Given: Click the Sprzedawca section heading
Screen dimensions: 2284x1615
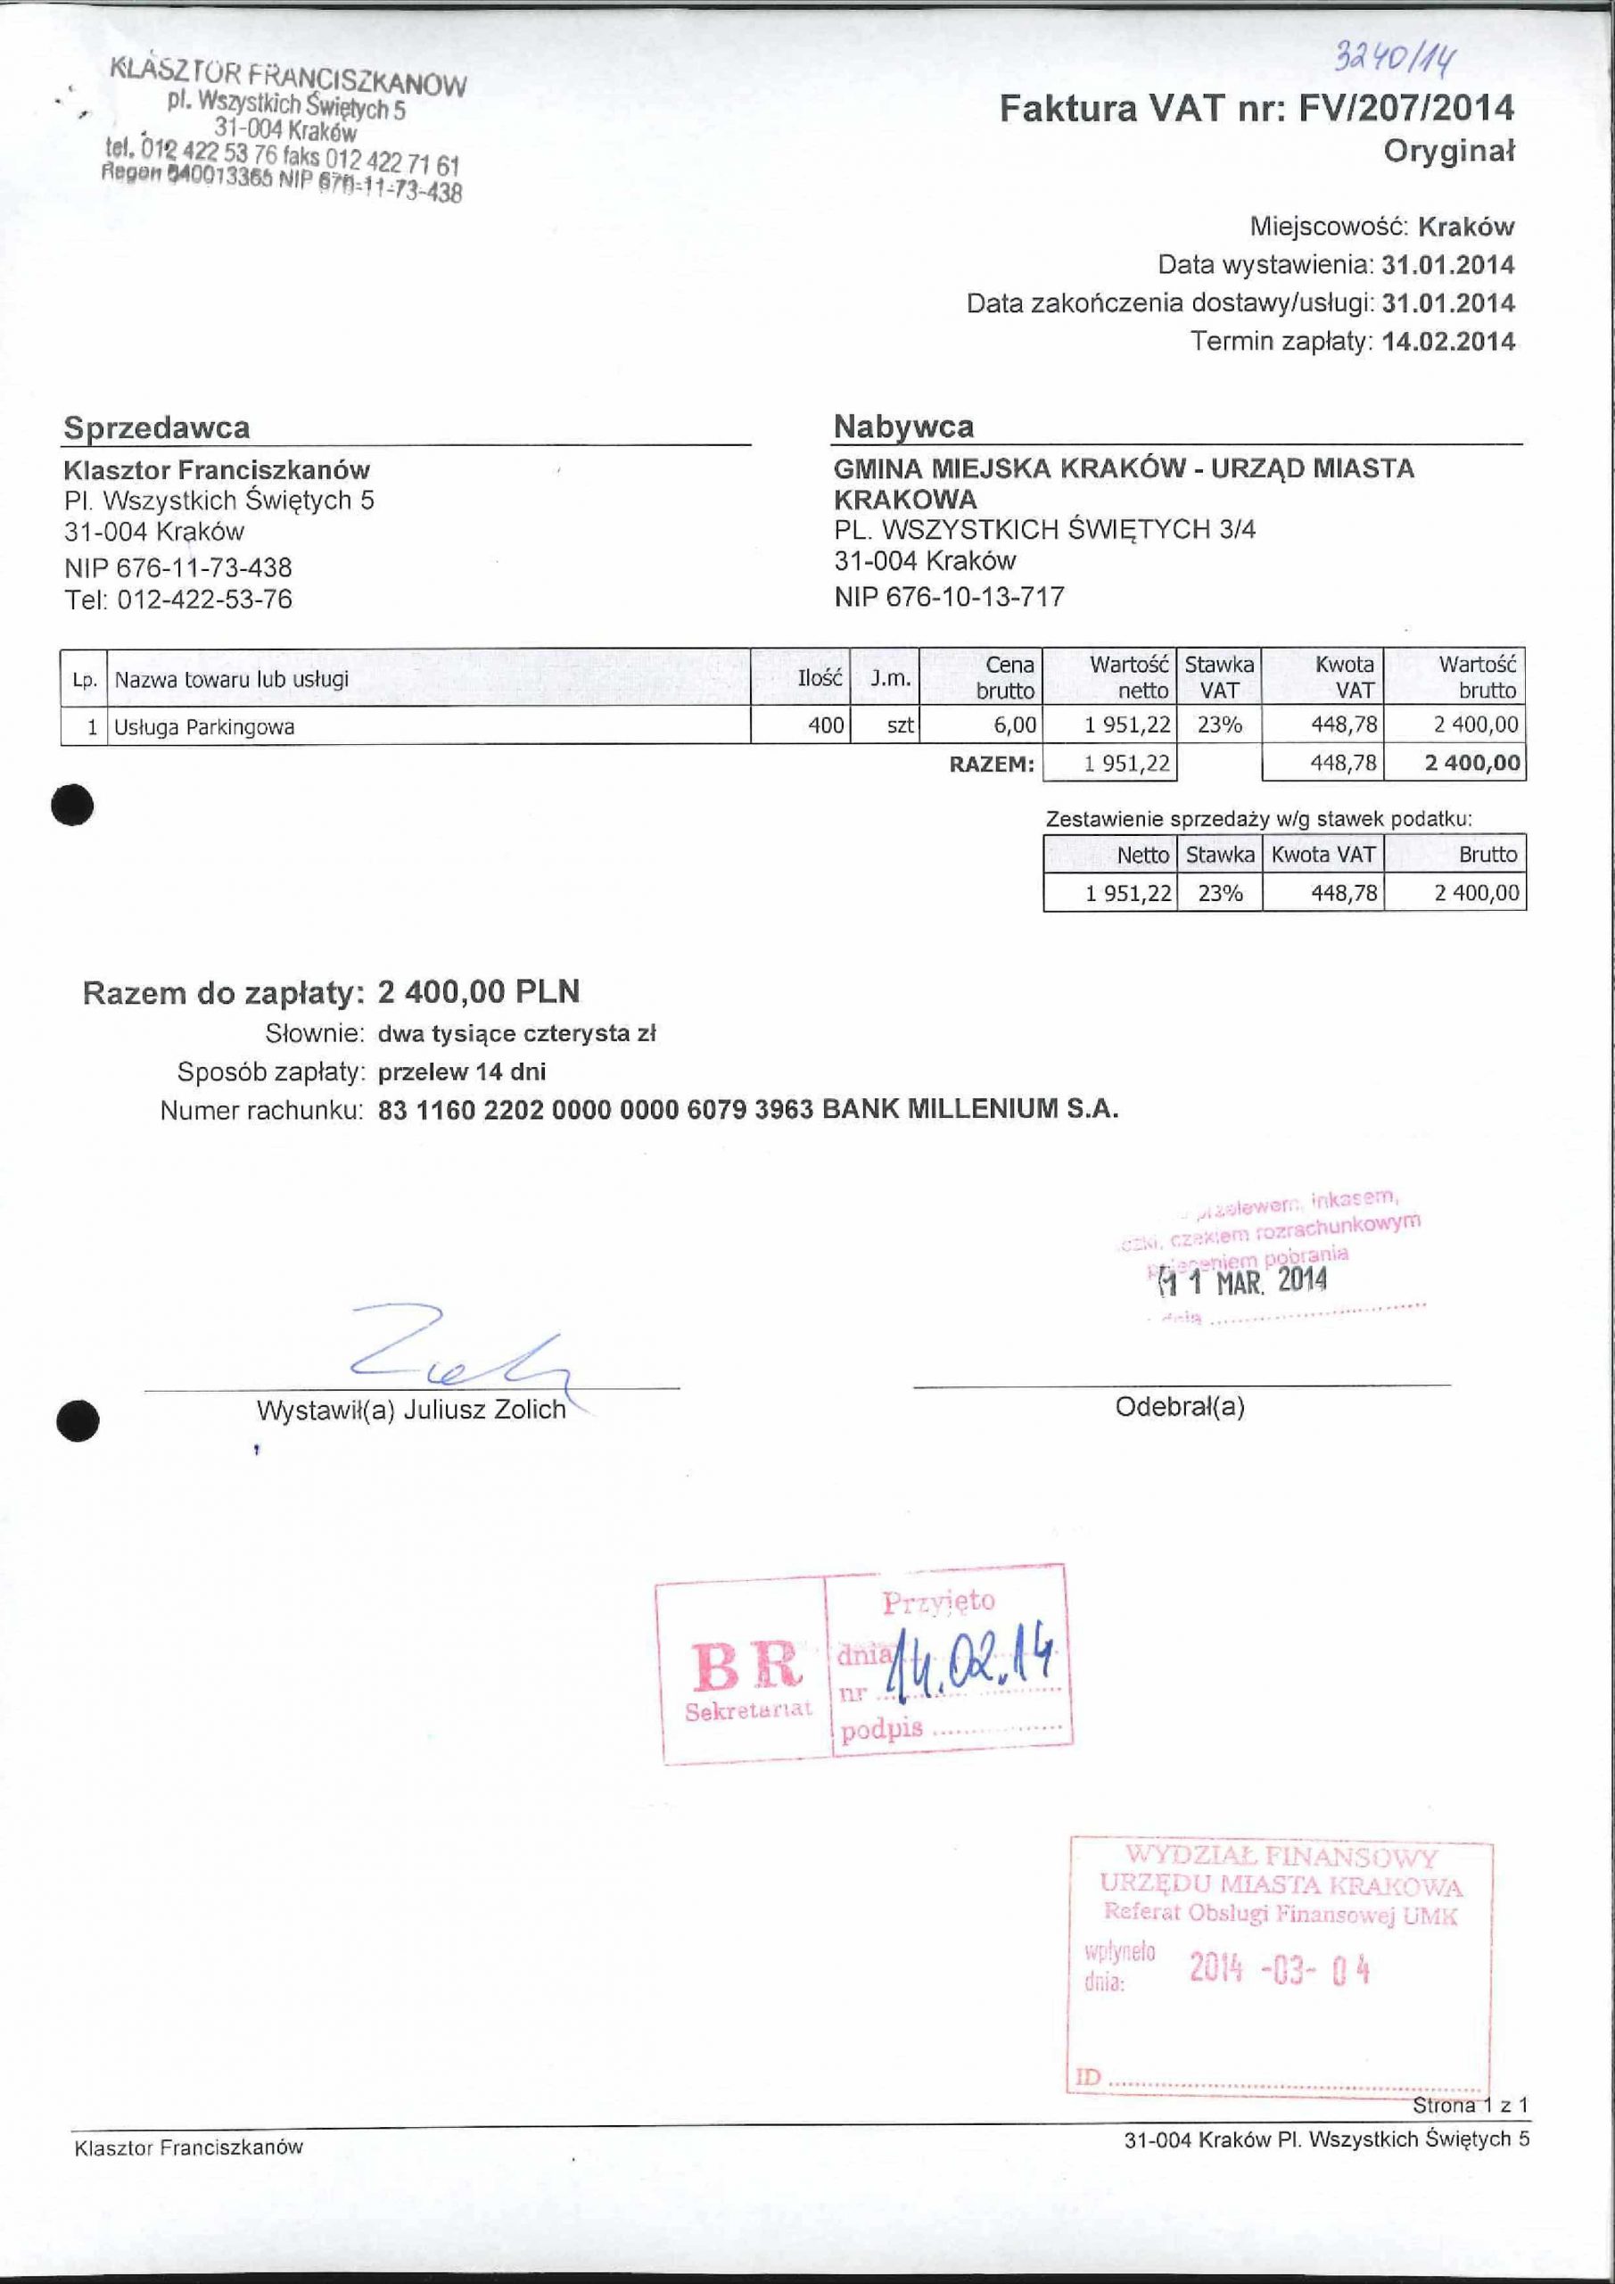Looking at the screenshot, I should (x=156, y=427).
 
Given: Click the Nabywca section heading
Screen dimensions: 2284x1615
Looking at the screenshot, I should (x=903, y=426).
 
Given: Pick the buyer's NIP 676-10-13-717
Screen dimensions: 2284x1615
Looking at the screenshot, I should (x=949, y=597).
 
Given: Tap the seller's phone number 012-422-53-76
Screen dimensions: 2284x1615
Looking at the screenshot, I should (x=204, y=599).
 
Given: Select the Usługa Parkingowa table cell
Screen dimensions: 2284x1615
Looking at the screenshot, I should (x=204, y=727).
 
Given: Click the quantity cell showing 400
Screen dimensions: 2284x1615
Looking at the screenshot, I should (x=826, y=725).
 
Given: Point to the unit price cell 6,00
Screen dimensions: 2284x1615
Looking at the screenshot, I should (x=1014, y=725).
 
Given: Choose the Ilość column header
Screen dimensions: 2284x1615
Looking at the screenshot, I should (x=820, y=678).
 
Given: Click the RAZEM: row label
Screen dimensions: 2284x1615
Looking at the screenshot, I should (x=992, y=764).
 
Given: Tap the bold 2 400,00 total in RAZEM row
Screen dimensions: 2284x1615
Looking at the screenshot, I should (x=1471, y=763).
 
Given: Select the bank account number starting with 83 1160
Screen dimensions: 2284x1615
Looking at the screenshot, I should (x=596, y=1109).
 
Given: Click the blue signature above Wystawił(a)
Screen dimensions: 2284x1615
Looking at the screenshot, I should (x=457, y=1352).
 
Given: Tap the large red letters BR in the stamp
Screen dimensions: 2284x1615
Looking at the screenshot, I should (x=746, y=1665).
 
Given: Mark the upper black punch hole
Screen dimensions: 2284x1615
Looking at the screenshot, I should (x=74, y=805).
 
